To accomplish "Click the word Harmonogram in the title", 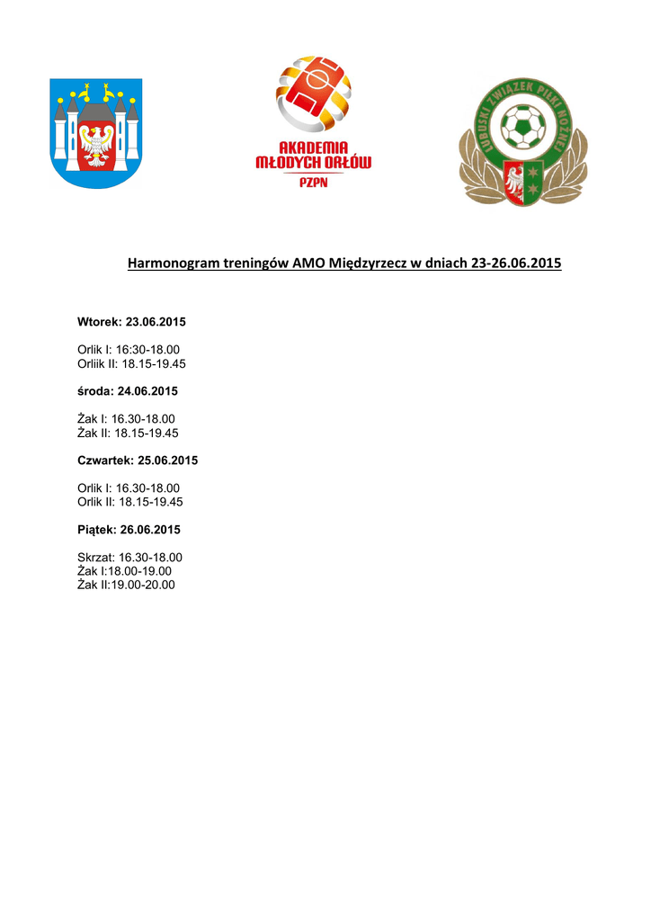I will click(174, 264).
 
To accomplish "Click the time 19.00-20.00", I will click(142, 585).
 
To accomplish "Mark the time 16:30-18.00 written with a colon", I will click(148, 350).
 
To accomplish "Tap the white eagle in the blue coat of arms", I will click(95, 141).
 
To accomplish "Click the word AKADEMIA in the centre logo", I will click(313, 147).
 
